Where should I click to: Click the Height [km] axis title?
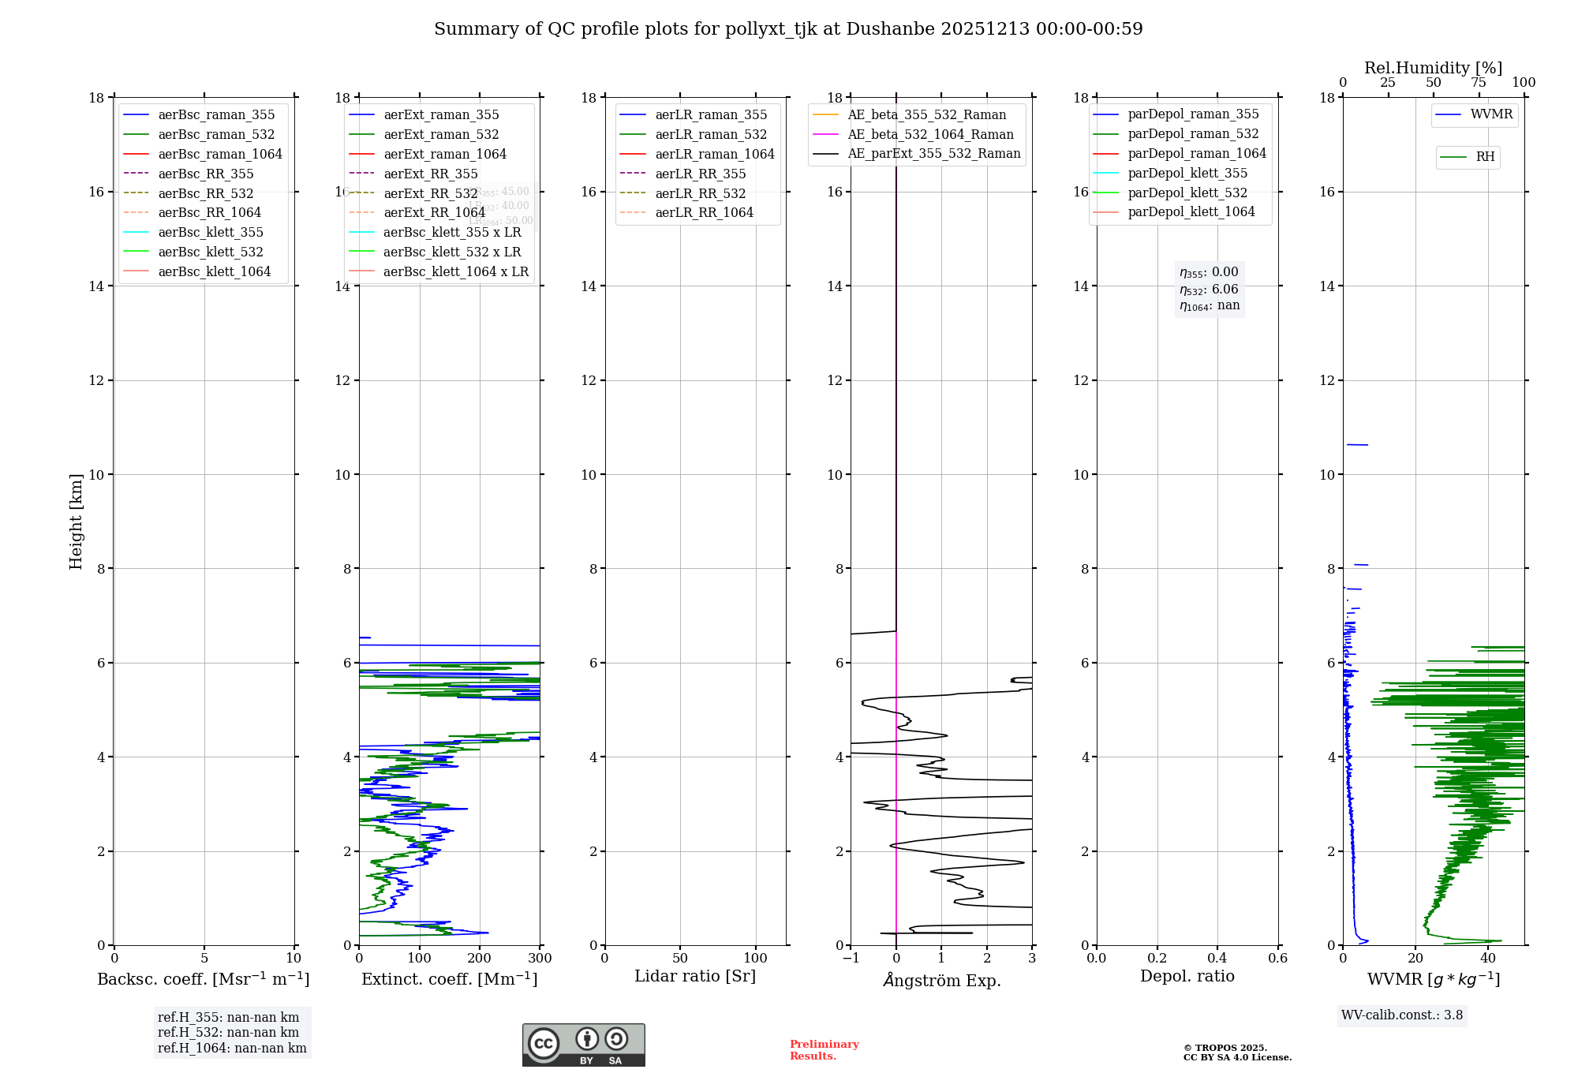pos(76,522)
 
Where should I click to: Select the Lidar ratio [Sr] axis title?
pos(694,976)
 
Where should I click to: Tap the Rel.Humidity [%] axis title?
pos(1433,68)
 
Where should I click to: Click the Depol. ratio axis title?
pos(1187,976)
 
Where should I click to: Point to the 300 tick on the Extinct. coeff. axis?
pos(540,959)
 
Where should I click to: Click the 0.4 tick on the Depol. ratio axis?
pos(1217,959)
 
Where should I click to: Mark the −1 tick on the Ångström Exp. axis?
pos(851,959)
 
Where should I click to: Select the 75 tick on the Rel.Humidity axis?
pos(1478,83)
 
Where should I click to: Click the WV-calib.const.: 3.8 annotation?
pos(1401,1015)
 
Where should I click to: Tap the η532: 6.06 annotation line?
pos(1209,290)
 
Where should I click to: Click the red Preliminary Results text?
pos(824,1050)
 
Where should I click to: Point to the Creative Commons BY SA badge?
pos(583,1045)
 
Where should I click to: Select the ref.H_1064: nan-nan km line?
pos(232,1048)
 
